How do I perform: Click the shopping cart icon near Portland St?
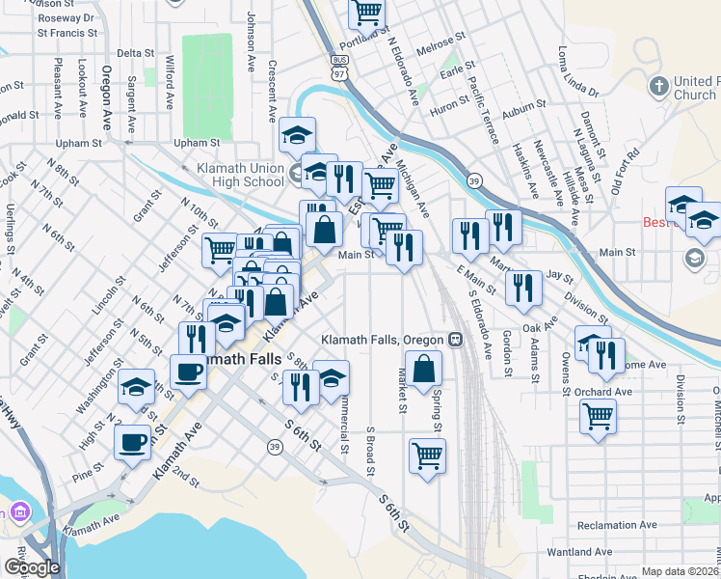tap(366, 14)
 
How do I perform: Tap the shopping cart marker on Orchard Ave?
tap(598, 417)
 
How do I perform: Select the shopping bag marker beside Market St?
tap(423, 369)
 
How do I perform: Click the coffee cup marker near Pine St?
tap(132, 443)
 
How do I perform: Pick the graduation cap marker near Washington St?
tap(137, 388)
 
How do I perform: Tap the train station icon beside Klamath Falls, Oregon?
tap(454, 340)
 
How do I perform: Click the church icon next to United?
tap(659, 85)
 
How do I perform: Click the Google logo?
tap(32, 567)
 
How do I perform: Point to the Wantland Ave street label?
tap(578, 552)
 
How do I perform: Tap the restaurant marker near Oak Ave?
tap(522, 288)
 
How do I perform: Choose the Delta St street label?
tap(135, 53)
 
